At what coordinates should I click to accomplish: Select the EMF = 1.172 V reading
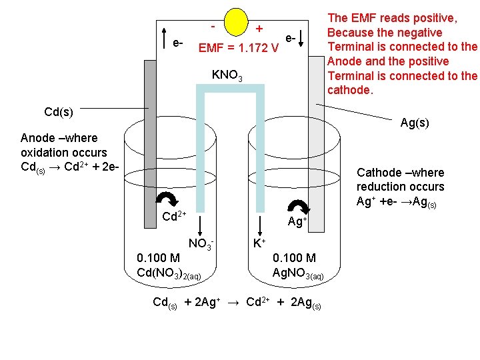point(238,48)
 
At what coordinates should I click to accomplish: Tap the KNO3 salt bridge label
point(227,75)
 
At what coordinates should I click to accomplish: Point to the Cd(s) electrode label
point(59,111)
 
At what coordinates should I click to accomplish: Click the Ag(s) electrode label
point(415,123)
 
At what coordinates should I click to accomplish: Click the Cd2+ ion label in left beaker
point(174,217)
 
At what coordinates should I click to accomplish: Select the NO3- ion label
point(201,243)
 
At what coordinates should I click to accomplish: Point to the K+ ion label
point(259,243)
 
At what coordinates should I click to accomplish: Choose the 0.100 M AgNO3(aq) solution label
point(298,265)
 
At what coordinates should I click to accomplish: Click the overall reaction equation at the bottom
point(237,302)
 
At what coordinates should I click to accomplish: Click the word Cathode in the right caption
point(378,172)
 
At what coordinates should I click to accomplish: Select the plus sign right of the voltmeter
point(259,29)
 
